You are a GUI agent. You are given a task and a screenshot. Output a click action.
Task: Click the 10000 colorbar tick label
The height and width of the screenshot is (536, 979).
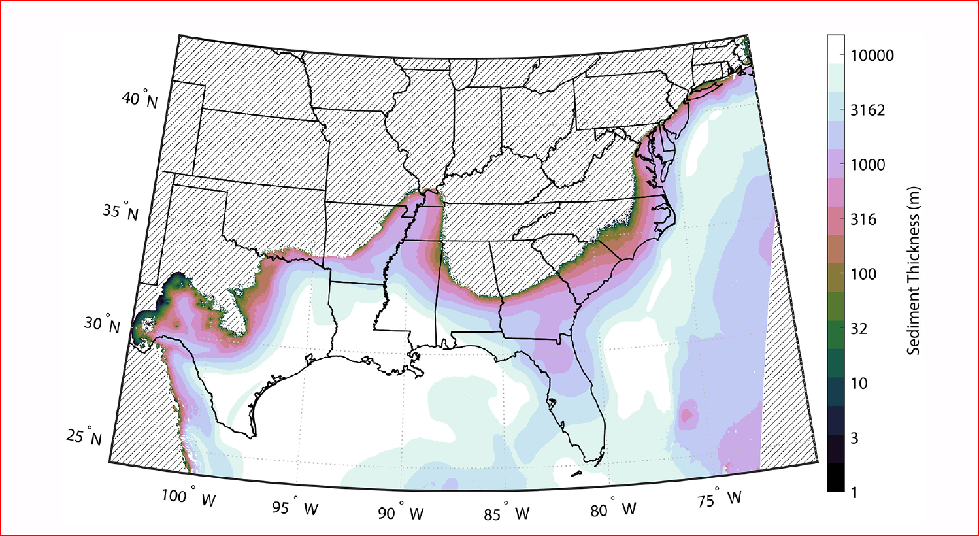(872, 56)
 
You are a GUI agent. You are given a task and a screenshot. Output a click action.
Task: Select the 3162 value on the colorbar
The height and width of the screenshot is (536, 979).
(868, 110)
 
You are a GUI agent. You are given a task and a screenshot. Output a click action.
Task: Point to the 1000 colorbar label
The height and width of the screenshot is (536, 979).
(868, 165)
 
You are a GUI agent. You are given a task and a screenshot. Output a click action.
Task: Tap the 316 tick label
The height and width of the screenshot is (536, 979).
(863, 220)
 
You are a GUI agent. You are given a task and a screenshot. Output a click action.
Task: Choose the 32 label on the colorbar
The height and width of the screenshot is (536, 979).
(859, 329)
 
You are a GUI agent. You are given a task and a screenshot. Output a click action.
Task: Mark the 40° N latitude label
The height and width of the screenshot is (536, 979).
(139, 99)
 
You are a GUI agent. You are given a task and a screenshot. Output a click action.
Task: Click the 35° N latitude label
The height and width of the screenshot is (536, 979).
(121, 212)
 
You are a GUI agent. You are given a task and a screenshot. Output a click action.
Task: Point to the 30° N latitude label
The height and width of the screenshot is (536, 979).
(103, 324)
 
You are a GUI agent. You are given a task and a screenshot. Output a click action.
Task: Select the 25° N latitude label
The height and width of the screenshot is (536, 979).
(84, 436)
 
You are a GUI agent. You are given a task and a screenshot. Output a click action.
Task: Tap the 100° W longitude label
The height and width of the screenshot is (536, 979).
(188, 497)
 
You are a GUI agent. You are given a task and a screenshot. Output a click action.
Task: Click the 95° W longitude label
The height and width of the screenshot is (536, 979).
(295, 507)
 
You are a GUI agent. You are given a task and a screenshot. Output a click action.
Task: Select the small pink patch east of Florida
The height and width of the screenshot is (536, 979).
(687, 414)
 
